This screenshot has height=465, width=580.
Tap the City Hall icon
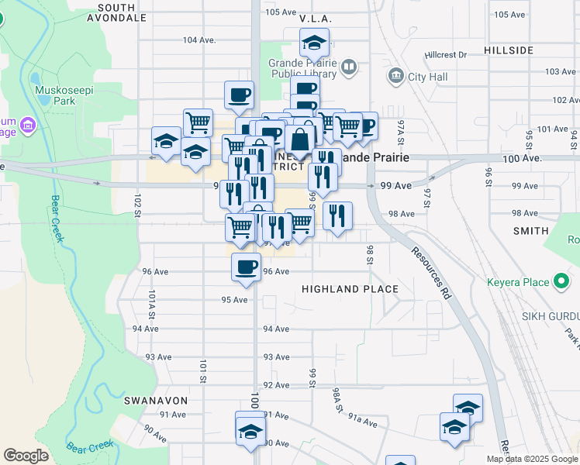(396, 76)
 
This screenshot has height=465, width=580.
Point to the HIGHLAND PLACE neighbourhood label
(350, 289)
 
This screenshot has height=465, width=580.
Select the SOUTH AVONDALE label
(123, 11)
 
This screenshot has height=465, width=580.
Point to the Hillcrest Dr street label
(446, 55)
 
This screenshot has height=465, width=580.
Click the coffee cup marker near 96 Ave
(247, 267)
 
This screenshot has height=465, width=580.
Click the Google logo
(26, 456)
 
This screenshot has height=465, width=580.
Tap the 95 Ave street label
(233, 300)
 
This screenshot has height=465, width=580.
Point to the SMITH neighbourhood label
(530, 231)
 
